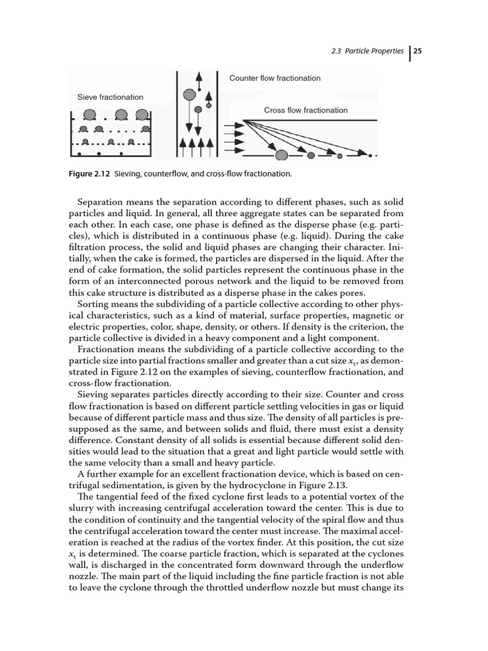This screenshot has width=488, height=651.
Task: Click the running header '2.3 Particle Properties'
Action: pos(367,51)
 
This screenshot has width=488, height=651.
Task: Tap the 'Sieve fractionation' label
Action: pos(110,97)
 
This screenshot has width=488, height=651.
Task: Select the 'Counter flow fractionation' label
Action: pos(274,78)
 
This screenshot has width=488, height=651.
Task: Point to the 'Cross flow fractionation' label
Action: pos(306,110)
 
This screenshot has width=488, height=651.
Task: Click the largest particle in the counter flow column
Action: pos(189,95)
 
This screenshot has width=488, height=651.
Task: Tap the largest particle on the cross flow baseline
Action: pos(281,154)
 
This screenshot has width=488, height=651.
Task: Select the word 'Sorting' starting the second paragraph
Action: pos(93,305)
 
